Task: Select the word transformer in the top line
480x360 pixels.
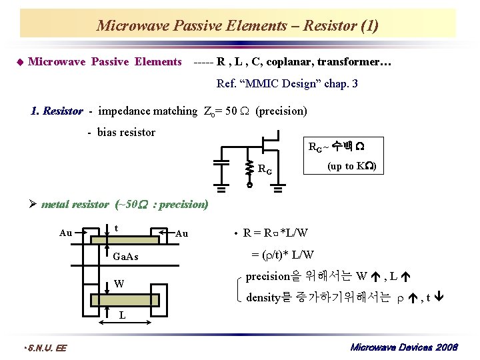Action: point(353,62)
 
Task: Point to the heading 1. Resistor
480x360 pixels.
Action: point(57,111)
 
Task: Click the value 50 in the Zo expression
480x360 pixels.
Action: point(231,111)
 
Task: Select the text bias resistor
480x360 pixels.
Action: point(126,132)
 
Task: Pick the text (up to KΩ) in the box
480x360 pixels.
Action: point(352,166)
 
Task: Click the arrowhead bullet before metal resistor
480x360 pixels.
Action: point(33,205)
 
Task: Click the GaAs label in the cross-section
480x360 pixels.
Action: point(126,256)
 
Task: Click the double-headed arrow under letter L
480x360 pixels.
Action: point(122,324)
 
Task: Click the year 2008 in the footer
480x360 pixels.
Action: point(444,347)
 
